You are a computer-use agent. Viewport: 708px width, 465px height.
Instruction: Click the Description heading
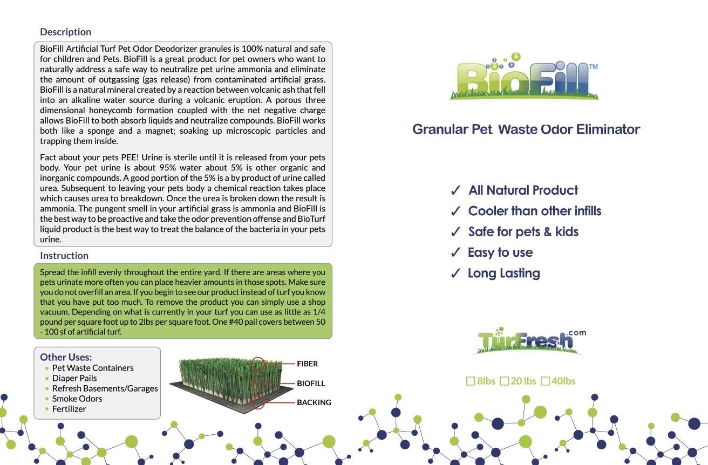[x=65, y=32]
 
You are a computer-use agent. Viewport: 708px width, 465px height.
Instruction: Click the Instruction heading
[x=64, y=256]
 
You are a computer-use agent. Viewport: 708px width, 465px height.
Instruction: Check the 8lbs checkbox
[x=471, y=381]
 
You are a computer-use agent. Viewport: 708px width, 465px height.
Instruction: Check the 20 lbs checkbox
[x=505, y=381]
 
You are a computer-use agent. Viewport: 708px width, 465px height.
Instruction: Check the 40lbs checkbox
[x=545, y=381]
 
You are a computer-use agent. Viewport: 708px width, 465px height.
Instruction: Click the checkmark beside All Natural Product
[x=456, y=190]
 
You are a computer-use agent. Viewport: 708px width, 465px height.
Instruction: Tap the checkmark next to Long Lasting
[x=456, y=273]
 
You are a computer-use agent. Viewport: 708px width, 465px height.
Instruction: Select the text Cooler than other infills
[x=534, y=211]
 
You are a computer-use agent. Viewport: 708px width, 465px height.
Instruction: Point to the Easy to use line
[x=500, y=252]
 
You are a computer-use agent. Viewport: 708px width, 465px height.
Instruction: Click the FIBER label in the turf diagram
[x=307, y=364]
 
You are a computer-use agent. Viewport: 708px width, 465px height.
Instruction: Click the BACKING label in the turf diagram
[x=314, y=402]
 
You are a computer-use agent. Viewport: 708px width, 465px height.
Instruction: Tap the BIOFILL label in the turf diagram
[x=311, y=384]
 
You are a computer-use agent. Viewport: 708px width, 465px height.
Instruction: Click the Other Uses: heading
[x=66, y=357]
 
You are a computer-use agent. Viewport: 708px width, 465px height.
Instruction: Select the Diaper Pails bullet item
[x=74, y=378]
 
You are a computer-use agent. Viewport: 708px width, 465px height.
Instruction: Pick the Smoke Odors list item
[x=77, y=399]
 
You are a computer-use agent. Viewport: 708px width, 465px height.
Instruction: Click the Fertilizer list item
[x=69, y=409]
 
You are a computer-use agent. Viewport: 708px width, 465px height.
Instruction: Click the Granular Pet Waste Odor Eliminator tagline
[x=526, y=129]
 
